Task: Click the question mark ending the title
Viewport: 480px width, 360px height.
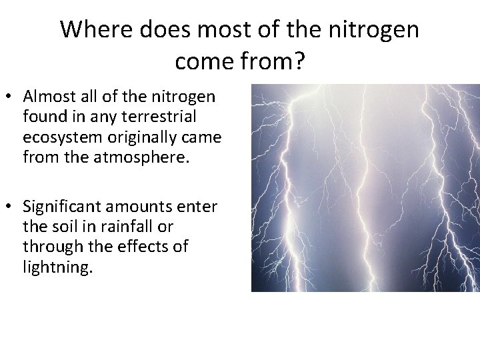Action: point(298,61)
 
